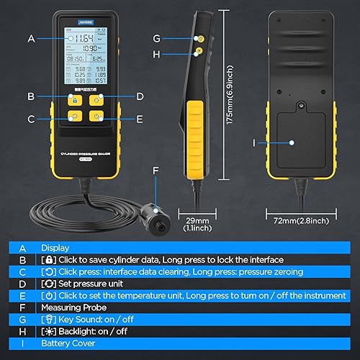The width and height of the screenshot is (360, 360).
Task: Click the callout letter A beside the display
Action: (31, 38)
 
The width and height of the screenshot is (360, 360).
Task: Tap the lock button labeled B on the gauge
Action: (73, 100)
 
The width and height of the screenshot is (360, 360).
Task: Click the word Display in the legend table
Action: (55, 247)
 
